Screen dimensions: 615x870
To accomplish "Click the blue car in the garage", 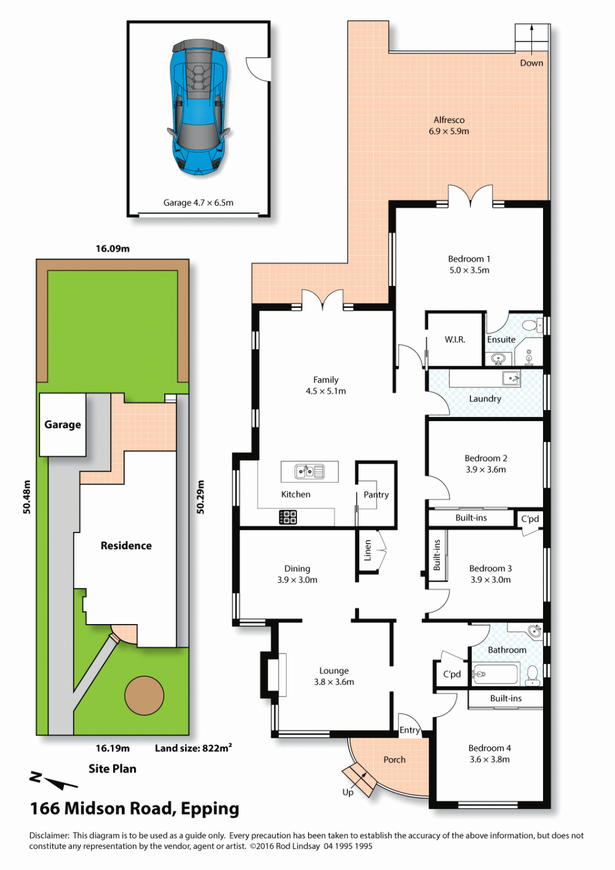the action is click(199, 106).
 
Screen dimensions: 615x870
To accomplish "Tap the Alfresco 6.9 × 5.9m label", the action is click(449, 125).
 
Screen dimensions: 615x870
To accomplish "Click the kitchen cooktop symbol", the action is click(287, 517).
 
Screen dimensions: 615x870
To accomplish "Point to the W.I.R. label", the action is click(455, 339).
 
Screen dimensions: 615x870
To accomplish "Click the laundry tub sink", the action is click(511, 378).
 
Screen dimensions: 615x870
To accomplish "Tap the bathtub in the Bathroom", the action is click(494, 674).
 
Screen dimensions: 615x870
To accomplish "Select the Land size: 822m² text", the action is click(194, 748).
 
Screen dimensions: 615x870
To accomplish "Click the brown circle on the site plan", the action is click(144, 695).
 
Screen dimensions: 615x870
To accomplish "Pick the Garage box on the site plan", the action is click(63, 424).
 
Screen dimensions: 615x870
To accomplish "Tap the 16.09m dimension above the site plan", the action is click(113, 248).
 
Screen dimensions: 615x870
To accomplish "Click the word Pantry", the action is click(376, 495).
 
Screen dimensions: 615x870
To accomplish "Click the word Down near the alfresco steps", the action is click(531, 63).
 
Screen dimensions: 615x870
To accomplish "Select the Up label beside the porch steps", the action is click(347, 793).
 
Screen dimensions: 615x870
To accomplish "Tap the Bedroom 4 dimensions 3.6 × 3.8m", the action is click(490, 759).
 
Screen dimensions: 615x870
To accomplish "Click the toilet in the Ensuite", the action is click(532, 325).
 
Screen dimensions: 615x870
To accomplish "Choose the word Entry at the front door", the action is click(410, 730).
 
